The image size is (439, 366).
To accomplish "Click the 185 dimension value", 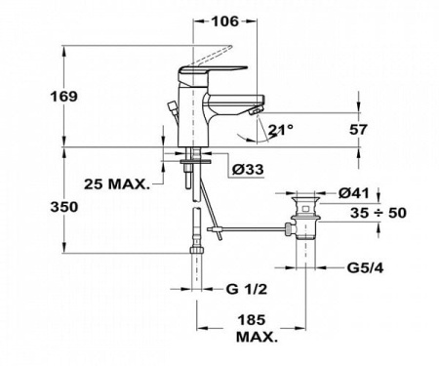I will pyautogui.click(x=256, y=319).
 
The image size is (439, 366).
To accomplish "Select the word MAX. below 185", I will pyautogui.click(x=256, y=337).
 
